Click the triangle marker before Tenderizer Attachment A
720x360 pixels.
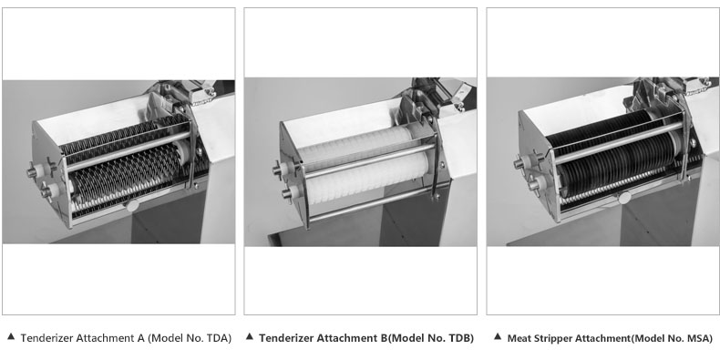(x=11, y=337)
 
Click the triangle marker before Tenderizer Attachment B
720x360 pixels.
(x=250, y=337)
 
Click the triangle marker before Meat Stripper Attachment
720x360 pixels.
(x=498, y=337)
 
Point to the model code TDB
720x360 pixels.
(x=460, y=338)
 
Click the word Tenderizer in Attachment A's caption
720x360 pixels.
(x=46, y=338)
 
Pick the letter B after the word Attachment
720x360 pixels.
(x=384, y=338)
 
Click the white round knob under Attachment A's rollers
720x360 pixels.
(x=132, y=205)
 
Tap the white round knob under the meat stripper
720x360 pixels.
(x=624, y=198)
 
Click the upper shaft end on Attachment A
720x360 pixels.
(x=33, y=172)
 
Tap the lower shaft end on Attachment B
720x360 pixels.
(x=287, y=194)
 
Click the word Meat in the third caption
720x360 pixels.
(x=518, y=338)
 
